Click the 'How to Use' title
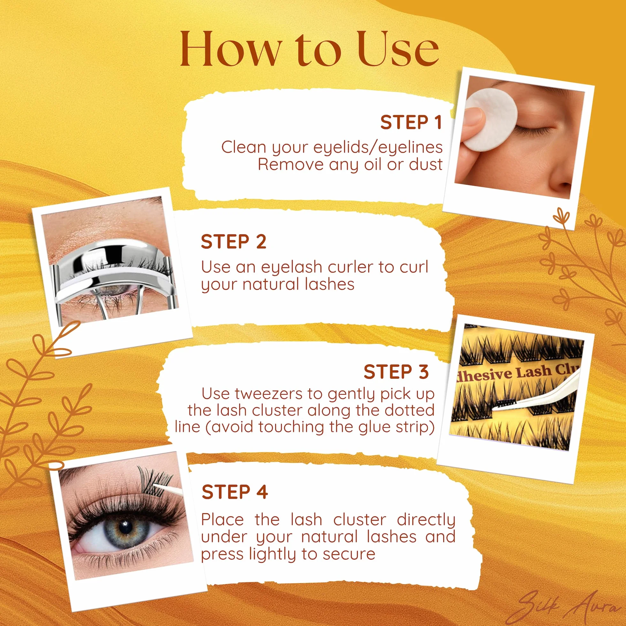tap(309, 49)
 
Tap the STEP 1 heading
tap(411, 122)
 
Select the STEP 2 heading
tap(233, 242)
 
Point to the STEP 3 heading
tap(396, 371)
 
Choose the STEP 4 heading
tap(234, 492)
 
